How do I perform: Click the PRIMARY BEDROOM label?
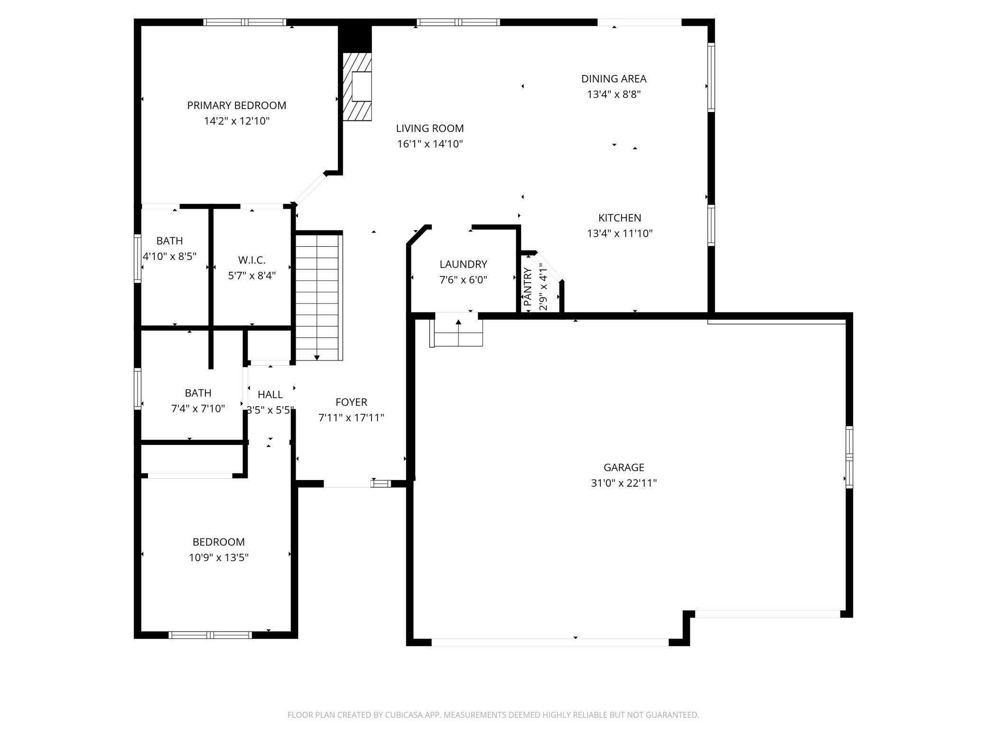tap(237, 105)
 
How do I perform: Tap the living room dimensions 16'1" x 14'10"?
tap(430, 144)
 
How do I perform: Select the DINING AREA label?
tap(614, 79)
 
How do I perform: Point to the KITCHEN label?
tap(620, 218)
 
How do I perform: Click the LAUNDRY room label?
tap(463, 264)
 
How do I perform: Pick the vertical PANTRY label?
tap(528, 287)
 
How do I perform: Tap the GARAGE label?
tap(624, 467)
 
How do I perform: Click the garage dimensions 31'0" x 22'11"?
tap(624, 483)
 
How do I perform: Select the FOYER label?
tap(351, 402)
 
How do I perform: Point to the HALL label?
tap(270, 394)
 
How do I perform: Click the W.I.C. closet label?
tap(251, 260)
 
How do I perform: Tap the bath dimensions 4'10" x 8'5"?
tap(170, 256)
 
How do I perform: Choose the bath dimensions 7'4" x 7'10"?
tap(198, 408)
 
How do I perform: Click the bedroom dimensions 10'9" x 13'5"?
tap(219, 557)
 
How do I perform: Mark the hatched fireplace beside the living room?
tap(357, 86)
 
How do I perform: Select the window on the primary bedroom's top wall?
tap(245, 22)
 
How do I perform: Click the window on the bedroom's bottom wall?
tap(210, 635)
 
